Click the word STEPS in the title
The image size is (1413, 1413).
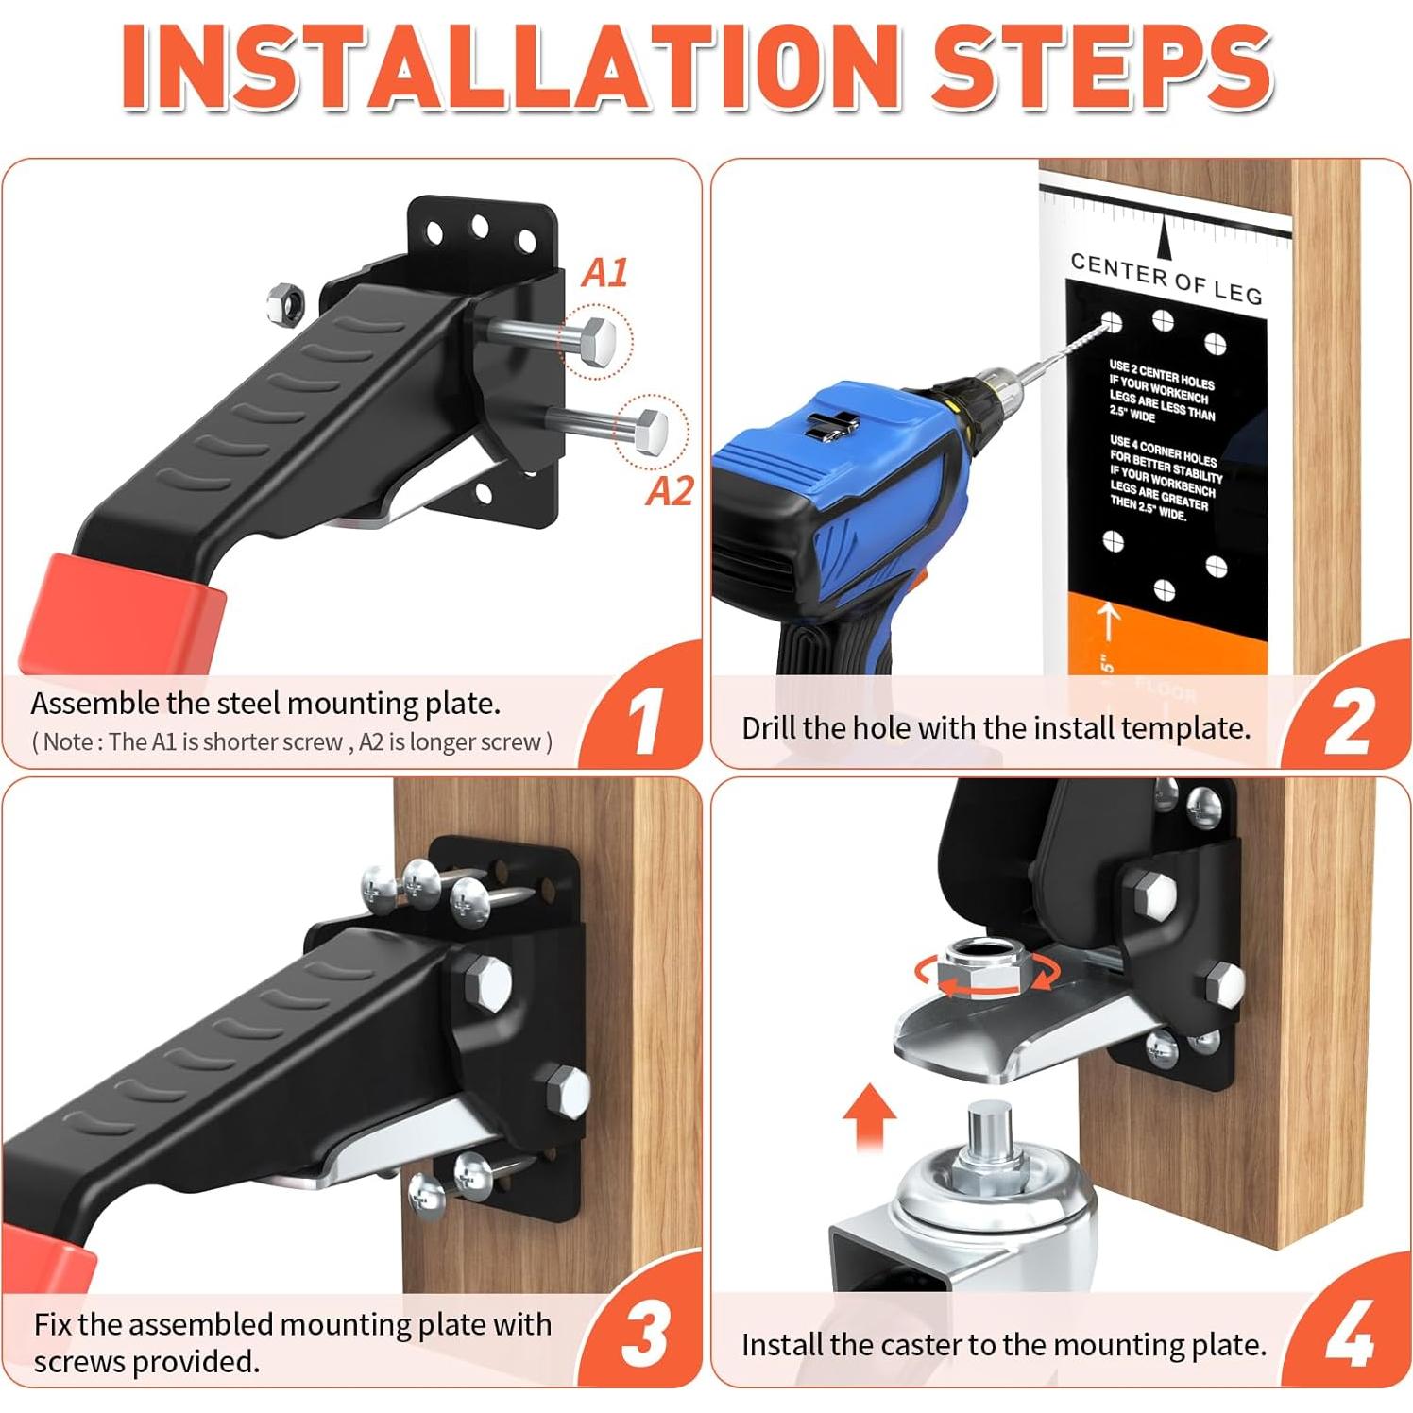pyautogui.click(x=1100, y=68)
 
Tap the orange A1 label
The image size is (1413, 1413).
pyautogui.click(x=604, y=273)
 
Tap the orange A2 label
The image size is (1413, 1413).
pyautogui.click(x=670, y=491)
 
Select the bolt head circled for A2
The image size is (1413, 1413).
pyautogui.click(x=651, y=430)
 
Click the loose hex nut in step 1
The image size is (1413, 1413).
pyautogui.click(x=283, y=303)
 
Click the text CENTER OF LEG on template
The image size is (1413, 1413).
pyautogui.click(x=1166, y=279)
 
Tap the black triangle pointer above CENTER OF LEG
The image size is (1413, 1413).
pyautogui.click(x=1166, y=237)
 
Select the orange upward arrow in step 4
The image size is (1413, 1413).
pyautogui.click(x=869, y=1115)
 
